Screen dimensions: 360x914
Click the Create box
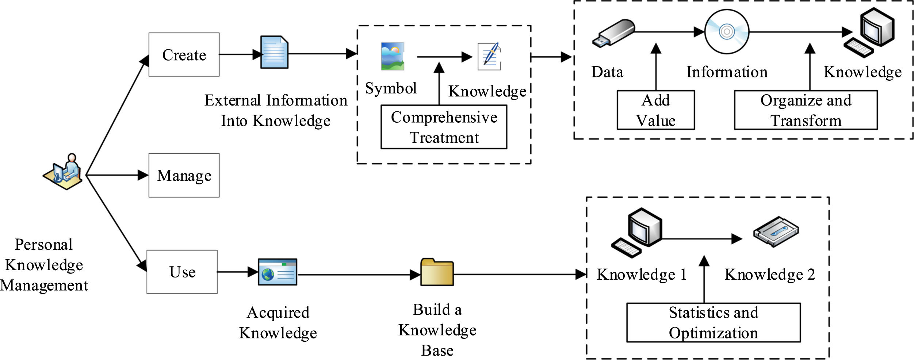point(184,54)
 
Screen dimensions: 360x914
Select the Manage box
point(184,175)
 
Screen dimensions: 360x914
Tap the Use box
point(182,272)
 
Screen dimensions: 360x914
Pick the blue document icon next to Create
point(274,52)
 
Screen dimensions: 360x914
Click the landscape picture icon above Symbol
point(393,56)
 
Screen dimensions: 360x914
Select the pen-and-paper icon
point(489,57)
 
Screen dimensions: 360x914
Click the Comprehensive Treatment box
point(444,127)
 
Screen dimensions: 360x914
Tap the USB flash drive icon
point(613,33)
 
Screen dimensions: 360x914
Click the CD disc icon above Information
point(727,32)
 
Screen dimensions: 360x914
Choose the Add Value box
point(656,110)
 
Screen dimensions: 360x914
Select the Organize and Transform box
point(806,110)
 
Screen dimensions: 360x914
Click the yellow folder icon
point(437,272)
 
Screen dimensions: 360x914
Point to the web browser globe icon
point(278,272)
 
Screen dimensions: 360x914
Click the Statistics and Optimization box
point(713,322)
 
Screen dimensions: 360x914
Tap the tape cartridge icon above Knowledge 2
point(776,232)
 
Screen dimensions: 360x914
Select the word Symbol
point(391,88)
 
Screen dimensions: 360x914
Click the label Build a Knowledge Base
point(437,330)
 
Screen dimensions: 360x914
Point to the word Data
point(607,72)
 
